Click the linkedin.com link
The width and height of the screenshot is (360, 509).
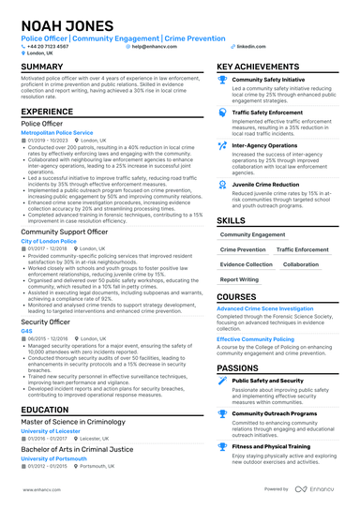pos(247,45)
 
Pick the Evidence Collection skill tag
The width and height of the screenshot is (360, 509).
pos(247,264)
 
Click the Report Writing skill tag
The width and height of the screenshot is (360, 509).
pos(240,278)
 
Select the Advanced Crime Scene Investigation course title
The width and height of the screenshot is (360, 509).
pos(265,308)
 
